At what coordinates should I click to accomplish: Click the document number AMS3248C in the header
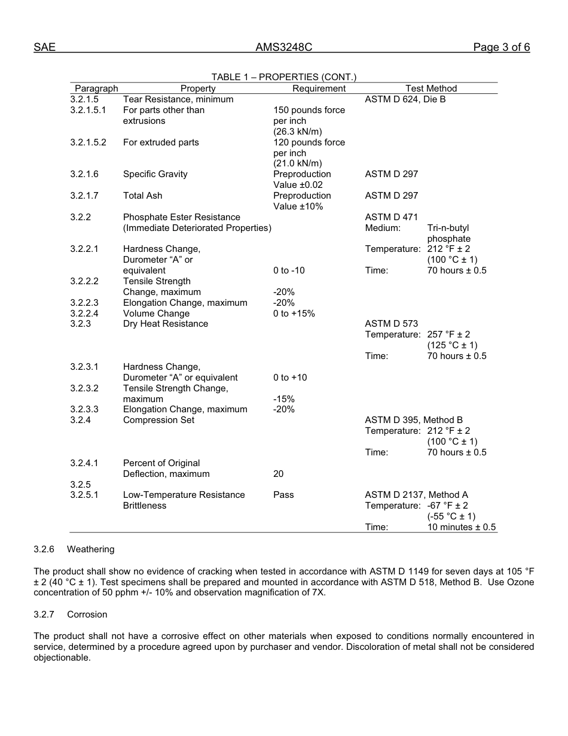click(283, 48)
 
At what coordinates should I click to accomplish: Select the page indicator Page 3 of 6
click(501, 48)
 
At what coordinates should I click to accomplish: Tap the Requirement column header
click(319, 89)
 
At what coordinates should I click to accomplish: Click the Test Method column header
click(430, 89)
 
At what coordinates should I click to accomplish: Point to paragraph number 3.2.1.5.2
click(88, 142)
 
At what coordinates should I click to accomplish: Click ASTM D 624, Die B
click(405, 99)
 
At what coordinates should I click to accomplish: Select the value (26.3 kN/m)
click(298, 132)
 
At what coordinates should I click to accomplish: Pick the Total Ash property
click(142, 196)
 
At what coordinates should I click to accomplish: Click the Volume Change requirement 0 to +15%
click(294, 314)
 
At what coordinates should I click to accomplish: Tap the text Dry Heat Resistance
click(166, 324)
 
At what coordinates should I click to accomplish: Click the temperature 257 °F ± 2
click(448, 334)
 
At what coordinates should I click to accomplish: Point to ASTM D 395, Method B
click(413, 420)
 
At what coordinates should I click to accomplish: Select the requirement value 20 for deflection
click(278, 474)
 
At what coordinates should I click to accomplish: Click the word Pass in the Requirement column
click(283, 495)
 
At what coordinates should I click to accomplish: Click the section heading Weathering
click(90, 549)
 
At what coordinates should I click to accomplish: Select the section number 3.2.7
click(44, 615)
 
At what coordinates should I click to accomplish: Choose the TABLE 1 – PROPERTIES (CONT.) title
click(283, 77)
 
